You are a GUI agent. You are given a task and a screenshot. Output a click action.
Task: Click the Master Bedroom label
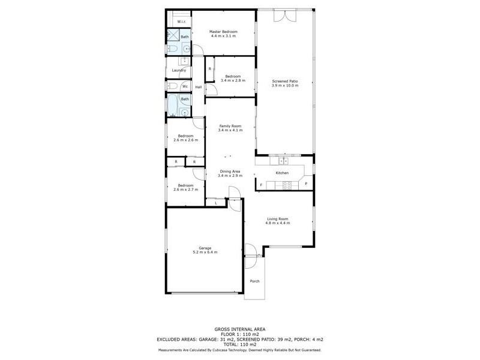(x=223, y=31)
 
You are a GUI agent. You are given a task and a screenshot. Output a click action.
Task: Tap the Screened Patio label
(x=285, y=81)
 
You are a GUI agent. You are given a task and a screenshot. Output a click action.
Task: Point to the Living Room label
(x=278, y=219)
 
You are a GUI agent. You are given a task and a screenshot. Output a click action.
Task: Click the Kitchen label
(x=282, y=173)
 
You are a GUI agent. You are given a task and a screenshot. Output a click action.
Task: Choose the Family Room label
(x=230, y=125)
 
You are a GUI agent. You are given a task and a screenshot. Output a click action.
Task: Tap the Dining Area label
(x=229, y=171)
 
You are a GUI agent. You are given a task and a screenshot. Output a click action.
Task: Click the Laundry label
(x=179, y=70)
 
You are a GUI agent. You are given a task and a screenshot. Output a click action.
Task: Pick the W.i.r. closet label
(x=181, y=22)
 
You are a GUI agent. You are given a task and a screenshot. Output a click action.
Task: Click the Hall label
(x=198, y=87)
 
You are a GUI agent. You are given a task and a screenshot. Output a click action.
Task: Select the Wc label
(x=185, y=86)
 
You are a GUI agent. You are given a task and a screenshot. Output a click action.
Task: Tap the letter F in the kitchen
(x=261, y=184)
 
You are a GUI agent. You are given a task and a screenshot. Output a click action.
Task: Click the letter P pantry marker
(x=305, y=184)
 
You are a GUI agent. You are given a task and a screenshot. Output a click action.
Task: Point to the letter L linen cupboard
(x=216, y=203)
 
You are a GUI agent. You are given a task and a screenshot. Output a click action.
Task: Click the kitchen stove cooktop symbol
(x=287, y=186)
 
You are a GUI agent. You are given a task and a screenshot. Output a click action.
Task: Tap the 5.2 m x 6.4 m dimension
(x=205, y=252)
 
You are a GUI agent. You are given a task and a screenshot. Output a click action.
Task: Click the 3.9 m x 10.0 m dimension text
(x=285, y=86)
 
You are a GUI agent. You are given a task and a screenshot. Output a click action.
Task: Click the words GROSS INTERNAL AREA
(x=240, y=329)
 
